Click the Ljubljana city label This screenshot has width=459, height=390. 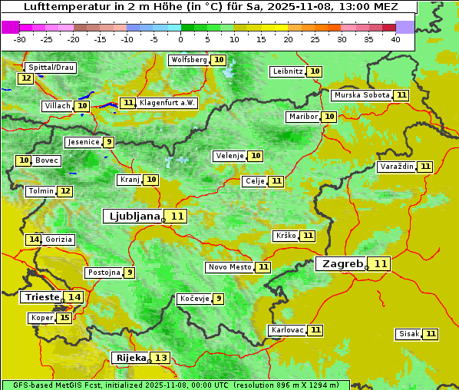click(x=132, y=216)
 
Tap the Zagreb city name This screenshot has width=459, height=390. click(x=342, y=264)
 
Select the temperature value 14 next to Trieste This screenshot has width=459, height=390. click(x=74, y=297)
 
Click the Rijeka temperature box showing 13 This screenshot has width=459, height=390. click(x=160, y=358)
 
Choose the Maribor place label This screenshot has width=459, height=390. click(x=302, y=117)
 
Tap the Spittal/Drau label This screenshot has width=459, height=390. click(x=50, y=68)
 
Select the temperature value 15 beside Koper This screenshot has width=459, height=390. click(x=64, y=318)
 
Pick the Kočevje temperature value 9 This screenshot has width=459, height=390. click(x=219, y=299)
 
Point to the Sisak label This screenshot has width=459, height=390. click(x=408, y=334)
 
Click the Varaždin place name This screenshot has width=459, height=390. click(x=396, y=167)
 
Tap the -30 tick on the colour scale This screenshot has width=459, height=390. click(x=19, y=39)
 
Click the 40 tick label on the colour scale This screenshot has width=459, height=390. click(x=395, y=39)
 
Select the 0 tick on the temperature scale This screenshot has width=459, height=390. click(x=180, y=39)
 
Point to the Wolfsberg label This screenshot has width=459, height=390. click(x=189, y=60)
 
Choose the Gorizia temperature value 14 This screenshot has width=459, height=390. click(x=33, y=240)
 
